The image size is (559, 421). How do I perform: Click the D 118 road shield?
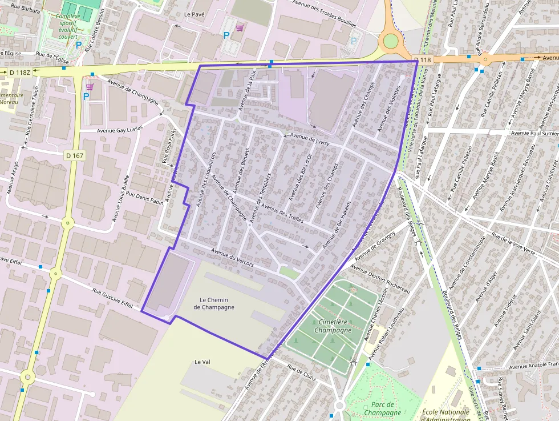pos(423,60)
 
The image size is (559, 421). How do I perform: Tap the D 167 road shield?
pos(75,155)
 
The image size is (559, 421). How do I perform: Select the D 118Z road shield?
pos(20,73)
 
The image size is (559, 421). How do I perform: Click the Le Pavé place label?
pos(195,14)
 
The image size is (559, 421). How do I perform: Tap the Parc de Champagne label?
pos(382,408)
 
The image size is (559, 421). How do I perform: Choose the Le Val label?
pos(202,362)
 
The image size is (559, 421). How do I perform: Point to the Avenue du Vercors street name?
pos(232,259)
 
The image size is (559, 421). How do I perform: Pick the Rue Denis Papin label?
pos(145,198)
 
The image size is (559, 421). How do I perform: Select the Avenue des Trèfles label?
pos(283,214)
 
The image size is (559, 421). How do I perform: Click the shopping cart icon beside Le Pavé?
pos(240,27)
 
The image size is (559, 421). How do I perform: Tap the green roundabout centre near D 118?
pos(390,41)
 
